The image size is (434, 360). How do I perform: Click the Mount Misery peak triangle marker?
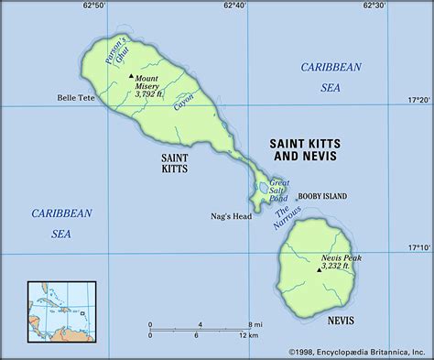point(131,75)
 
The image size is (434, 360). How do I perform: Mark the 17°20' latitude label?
point(418,99)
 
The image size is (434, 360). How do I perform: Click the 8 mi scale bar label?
point(254,325)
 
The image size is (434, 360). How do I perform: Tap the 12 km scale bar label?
point(250,336)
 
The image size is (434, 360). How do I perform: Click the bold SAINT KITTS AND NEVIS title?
point(302,149)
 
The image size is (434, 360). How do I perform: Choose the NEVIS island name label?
point(340,320)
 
